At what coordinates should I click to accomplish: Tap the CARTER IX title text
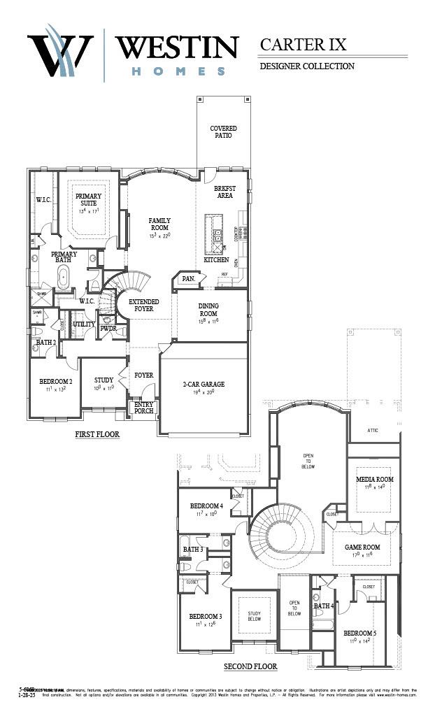303,44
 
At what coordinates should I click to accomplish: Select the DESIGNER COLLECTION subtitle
307,66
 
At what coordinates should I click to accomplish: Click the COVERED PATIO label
223,131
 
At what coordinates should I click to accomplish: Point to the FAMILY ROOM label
159,224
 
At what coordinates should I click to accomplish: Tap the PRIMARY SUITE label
88,200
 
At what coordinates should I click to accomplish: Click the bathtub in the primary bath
63,278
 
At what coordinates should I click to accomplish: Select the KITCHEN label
216,260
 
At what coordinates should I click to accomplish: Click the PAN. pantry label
187,278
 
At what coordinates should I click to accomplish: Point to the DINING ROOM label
208,310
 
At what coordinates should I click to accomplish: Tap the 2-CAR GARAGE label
203,384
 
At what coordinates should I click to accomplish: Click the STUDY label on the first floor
104,380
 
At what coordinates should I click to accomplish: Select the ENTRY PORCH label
143,408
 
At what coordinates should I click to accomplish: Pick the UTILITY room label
84,324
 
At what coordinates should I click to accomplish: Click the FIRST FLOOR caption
97,434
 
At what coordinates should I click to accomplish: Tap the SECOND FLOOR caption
250,666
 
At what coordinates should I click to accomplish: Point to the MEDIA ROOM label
374,480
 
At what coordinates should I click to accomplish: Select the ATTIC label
373,431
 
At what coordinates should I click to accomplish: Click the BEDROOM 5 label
359,633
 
